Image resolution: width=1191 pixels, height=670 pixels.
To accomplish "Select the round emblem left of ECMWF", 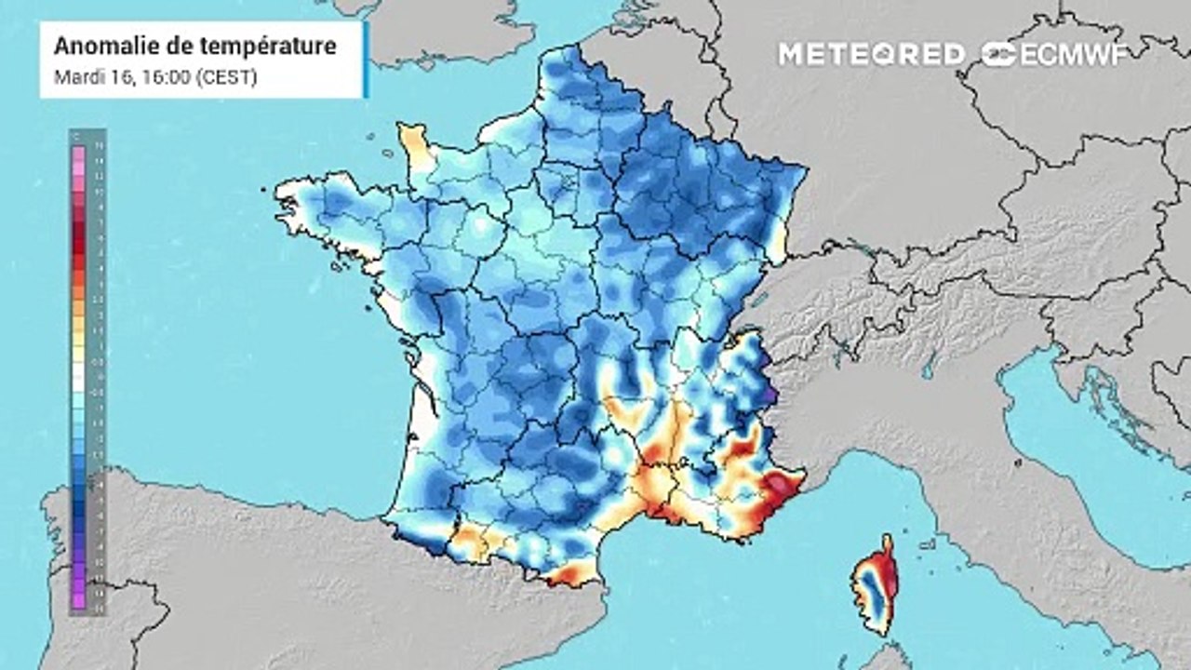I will point(999,54).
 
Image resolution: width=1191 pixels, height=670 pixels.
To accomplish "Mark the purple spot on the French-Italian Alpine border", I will point(771,395).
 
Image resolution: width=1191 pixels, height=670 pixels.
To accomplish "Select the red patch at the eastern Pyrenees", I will point(569,577).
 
